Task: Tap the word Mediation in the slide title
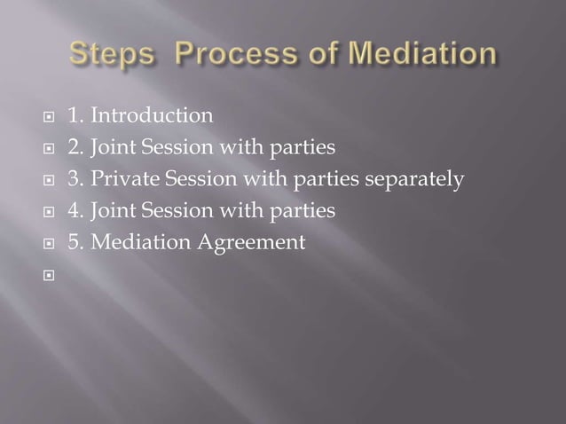pyautogui.click(x=423, y=54)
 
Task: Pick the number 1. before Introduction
pyautogui.click(x=76, y=115)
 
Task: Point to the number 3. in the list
pyautogui.click(x=76, y=179)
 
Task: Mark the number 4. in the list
pyautogui.click(x=76, y=211)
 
